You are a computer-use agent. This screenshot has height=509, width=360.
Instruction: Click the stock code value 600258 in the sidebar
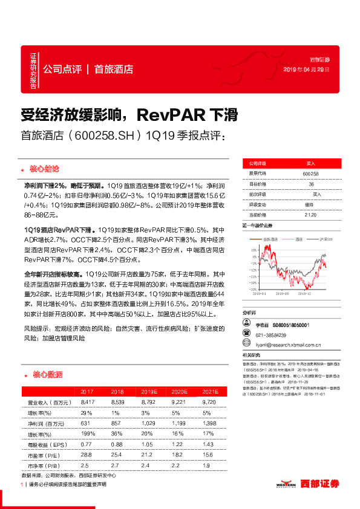pos(310,173)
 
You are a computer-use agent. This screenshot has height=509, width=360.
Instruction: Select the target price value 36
pos(311,184)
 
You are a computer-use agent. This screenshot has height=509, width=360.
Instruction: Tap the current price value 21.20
pos(310,215)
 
